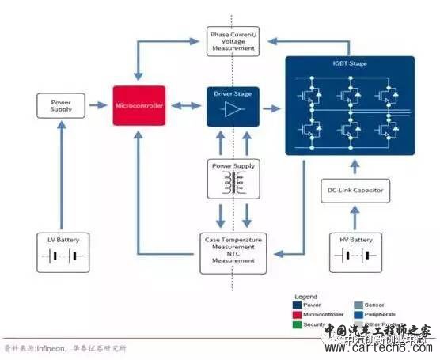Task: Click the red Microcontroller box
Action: [139, 106]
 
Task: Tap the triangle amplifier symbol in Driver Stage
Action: [232, 112]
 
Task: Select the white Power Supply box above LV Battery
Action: [61, 106]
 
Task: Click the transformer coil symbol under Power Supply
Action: [232, 185]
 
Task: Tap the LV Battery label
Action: [61, 239]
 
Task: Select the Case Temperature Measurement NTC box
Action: [233, 249]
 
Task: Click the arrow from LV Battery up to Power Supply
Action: [61, 174]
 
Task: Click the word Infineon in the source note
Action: [44, 348]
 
